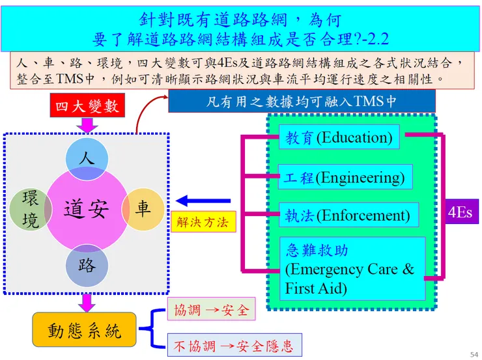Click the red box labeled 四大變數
[87, 106]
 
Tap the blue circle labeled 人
[87, 158]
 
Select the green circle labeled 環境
[31, 209]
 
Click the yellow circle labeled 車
[143, 209]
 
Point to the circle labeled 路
[87, 265]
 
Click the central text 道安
[86, 209]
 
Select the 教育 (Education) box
[339, 137]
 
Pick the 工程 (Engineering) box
[345, 177]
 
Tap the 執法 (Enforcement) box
[348, 215]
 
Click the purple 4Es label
[460, 212]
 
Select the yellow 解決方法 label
[203, 222]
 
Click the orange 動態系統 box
[85, 329]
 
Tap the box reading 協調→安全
[211, 310]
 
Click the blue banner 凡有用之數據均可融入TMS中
[301, 102]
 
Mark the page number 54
[474, 353]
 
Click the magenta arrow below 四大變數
[87, 124]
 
